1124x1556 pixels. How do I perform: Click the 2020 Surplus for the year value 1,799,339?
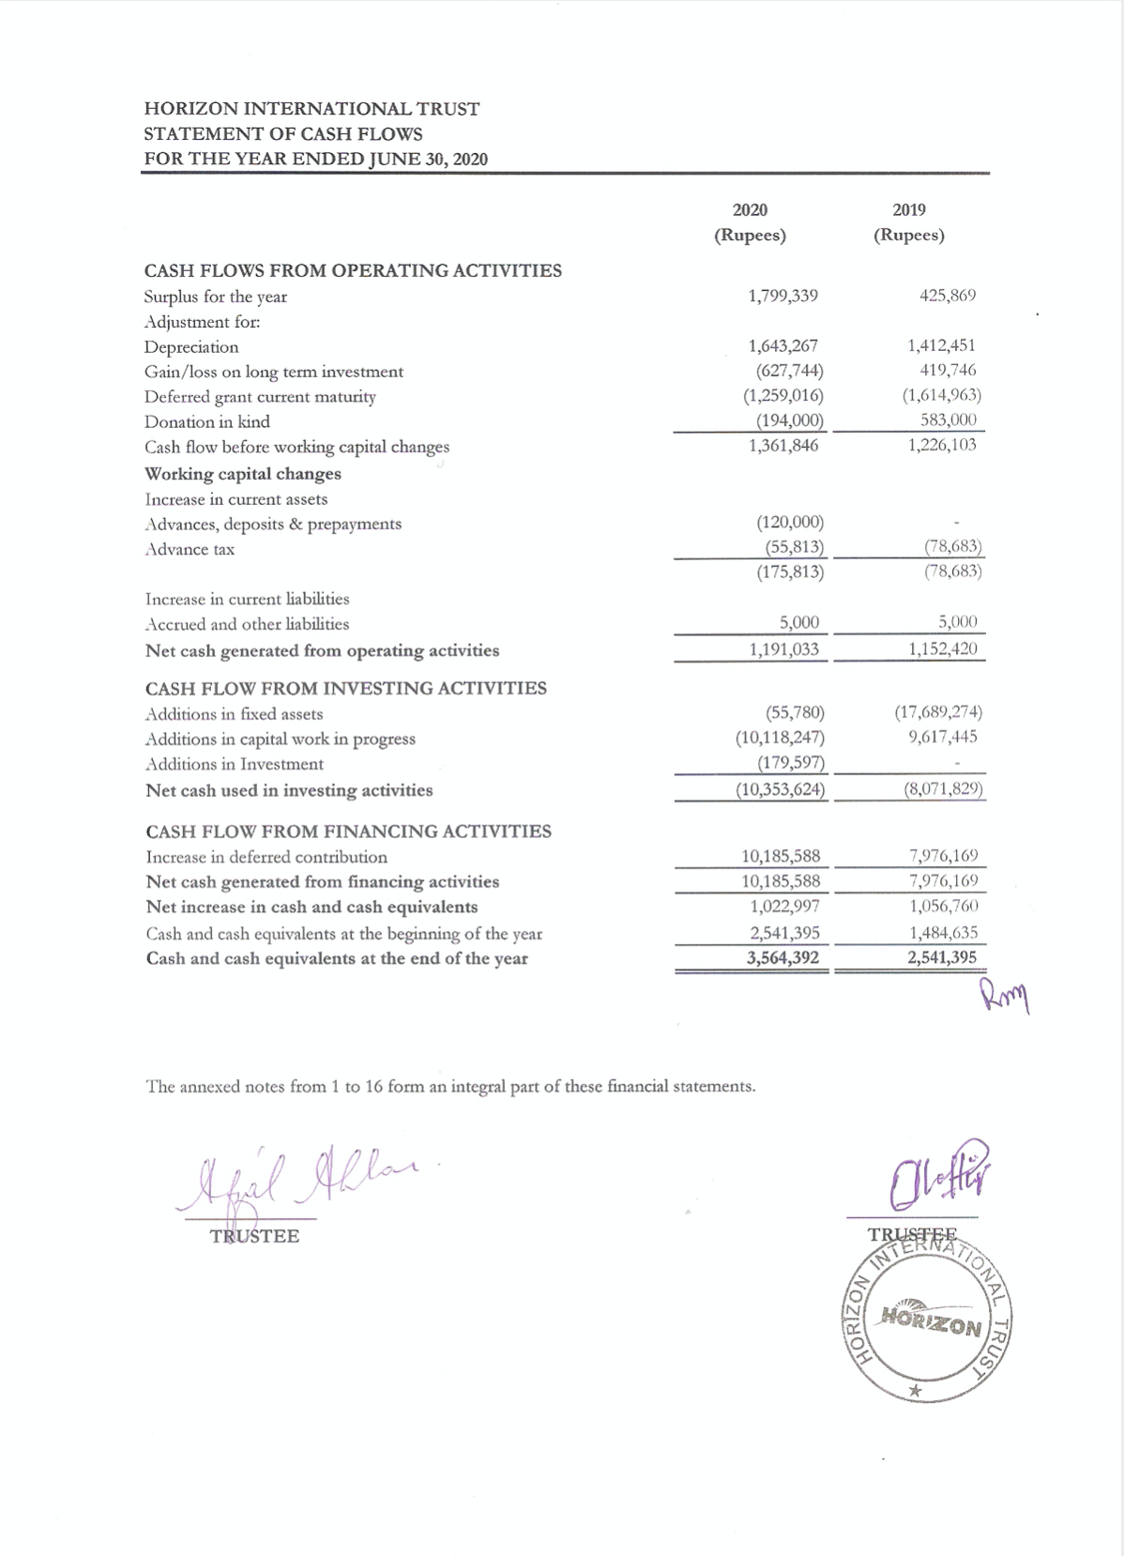tap(782, 297)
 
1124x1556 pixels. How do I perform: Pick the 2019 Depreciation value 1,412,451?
tap(942, 346)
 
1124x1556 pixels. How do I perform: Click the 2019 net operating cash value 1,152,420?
tap(942, 649)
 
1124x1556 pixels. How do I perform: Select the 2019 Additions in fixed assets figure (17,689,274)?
tap(938, 713)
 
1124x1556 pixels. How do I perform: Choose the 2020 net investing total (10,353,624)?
tap(780, 789)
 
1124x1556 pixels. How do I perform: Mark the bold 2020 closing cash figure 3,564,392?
tap(782, 958)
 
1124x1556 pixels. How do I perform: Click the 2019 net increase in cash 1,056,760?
tap(943, 907)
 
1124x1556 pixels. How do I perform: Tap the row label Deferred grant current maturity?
tap(260, 397)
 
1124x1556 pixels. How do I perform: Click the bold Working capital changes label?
tap(243, 474)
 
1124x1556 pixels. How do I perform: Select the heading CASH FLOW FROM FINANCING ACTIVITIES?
tap(349, 831)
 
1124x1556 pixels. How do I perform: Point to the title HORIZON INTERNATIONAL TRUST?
tap(311, 109)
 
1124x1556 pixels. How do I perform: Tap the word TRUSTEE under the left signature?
tap(255, 1236)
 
